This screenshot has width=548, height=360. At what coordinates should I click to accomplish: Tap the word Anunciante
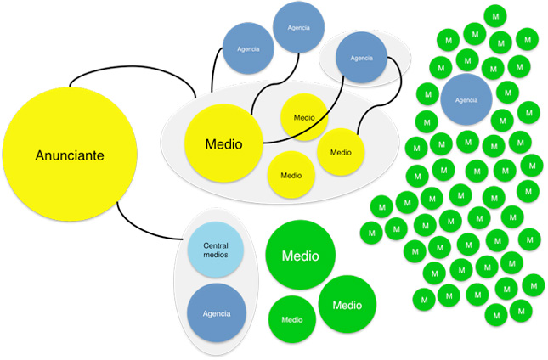pyautogui.click(x=71, y=156)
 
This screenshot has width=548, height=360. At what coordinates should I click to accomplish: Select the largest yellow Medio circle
pyautogui.click(x=222, y=143)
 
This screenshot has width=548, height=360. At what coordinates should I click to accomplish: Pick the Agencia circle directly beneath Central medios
pyautogui.click(x=216, y=313)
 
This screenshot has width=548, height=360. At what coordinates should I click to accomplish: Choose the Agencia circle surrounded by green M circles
pyautogui.click(x=466, y=100)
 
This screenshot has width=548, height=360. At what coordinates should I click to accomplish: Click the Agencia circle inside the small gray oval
pyautogui.click(x=361, y=59)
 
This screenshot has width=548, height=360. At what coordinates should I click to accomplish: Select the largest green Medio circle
pyautogui.click(x=300, y=255)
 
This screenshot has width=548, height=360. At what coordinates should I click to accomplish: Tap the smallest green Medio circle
pyautogui.click(x=292, y=320)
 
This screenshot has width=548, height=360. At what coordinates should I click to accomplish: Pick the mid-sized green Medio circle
pyautogui.click(x=347, y=305)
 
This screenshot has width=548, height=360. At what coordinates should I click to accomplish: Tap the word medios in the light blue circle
pyautogui.click(x=215, y=256)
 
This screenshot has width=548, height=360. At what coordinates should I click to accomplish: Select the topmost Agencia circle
pyautogui.click(x=298, y=28)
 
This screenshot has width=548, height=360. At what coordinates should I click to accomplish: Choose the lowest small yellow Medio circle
pyautogui.click(x=291, y=176)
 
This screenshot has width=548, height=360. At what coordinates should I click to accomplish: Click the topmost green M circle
pyautogui.click(x=495, y=15)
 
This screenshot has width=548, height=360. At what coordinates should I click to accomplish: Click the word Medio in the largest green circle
pyautogui.click(x=300, y=255)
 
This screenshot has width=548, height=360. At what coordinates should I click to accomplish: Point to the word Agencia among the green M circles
pyautogui.click(x=466, y=100)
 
